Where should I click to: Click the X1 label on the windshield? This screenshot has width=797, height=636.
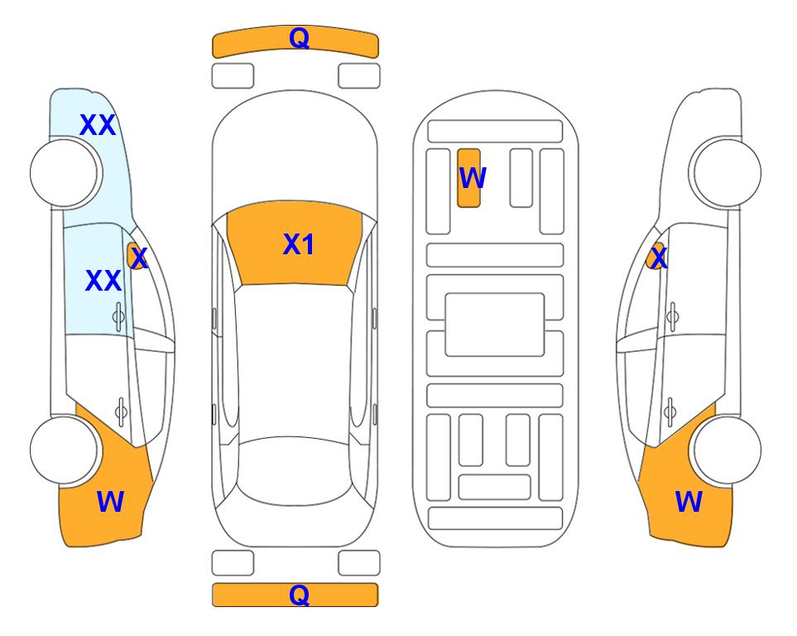[x=299, y=244]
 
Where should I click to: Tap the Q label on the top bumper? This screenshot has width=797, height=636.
[x=299, y=37]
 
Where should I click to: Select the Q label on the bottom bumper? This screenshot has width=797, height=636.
[x=299, y=595]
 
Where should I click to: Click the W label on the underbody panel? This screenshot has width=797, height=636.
[x=473, y=177]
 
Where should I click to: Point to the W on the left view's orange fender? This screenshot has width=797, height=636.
[x=110, y=502]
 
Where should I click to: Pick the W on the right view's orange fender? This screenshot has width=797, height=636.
[x=689, y=502]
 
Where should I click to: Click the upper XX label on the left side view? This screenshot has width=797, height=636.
[x=98, y=125]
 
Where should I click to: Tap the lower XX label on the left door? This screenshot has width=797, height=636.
[x=103, y=281]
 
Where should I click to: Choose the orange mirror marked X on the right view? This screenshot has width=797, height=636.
[x=655, y=256]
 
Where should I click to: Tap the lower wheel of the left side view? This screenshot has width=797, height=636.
[x=64, y=450]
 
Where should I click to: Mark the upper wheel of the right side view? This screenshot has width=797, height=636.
[x=727, y=173]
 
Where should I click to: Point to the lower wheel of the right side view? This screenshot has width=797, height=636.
[x=727, y=450]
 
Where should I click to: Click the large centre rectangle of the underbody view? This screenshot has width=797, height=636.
[x=495, y=325]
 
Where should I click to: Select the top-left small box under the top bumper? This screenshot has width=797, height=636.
[x=233, y=76]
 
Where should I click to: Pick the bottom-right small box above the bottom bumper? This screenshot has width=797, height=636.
[x=359, y=563]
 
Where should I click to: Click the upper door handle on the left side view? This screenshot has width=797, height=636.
[x=118, y=316]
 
